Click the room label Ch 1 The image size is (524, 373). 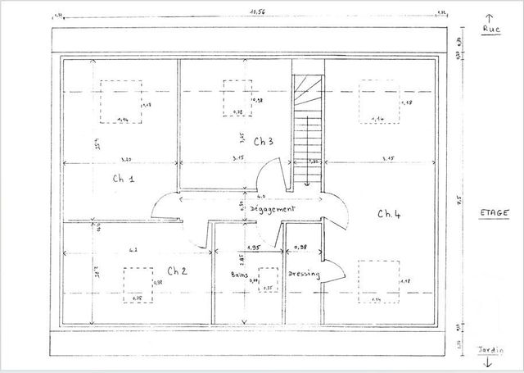point(123,178)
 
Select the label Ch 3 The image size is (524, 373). point(263,140)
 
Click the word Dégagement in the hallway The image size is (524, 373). point(273,209)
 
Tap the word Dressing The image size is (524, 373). point(303,275)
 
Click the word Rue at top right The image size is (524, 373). point(491,30)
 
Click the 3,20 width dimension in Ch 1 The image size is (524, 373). point(127,157)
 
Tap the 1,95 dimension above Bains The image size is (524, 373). point(253,247)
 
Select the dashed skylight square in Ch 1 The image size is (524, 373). point(120,102)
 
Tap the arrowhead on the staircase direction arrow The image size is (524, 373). point(307,184)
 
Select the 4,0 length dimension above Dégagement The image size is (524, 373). point(261,197)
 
